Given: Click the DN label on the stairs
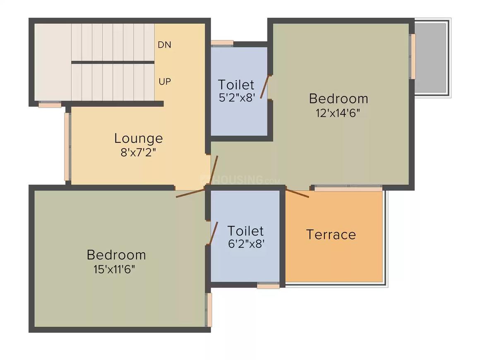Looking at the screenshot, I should point(165,45).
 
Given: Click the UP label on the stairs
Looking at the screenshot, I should point(165,82).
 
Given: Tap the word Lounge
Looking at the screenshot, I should point(139,138).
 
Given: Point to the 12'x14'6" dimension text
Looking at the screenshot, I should point(338,113).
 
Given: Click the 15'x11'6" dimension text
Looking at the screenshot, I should point(115,269).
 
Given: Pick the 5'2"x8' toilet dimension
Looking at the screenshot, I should point(236,98).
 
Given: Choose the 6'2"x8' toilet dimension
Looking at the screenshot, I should point(246,244).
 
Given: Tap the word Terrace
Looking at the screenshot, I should point(331,235).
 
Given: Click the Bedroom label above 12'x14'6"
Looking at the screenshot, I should point(338,99).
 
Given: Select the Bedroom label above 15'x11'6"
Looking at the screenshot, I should point(116,255).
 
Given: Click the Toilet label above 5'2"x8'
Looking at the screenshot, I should point(236,85).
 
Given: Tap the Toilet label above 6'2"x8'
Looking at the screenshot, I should point(245,230).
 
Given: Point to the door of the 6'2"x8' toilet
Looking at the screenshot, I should point(214,233).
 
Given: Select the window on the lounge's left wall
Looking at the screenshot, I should point(67,146).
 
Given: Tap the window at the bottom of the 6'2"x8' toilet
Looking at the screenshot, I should point(268,286).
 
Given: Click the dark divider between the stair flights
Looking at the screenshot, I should point(113,62).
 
